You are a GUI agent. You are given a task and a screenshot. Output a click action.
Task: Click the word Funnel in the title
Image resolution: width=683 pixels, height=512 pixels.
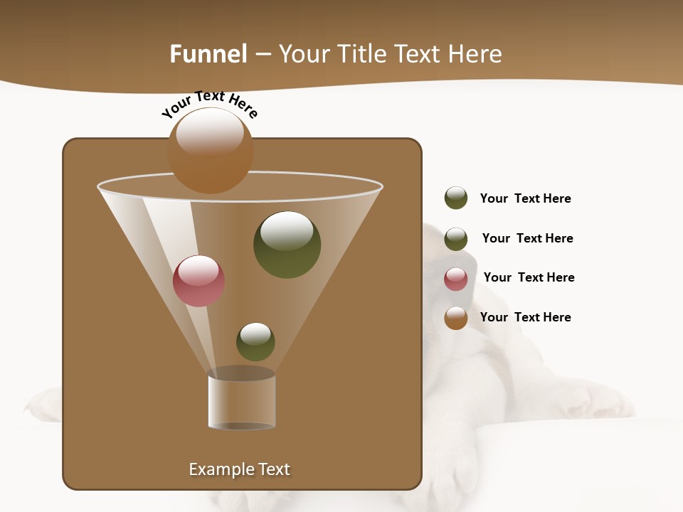208,54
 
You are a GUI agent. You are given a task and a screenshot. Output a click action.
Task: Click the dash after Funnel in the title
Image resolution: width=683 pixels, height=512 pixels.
262,55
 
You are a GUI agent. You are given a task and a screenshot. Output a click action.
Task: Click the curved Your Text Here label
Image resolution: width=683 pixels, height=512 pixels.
209,102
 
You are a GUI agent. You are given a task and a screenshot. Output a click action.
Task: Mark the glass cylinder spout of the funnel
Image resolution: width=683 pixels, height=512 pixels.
242,402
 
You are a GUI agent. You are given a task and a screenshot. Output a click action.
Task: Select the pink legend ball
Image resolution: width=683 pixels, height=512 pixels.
456,279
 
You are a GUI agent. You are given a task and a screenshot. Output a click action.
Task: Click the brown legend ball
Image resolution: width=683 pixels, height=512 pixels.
456,318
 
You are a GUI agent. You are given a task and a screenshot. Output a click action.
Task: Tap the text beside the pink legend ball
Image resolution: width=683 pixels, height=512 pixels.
529,277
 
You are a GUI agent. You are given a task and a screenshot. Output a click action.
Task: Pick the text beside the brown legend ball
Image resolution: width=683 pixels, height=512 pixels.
525,317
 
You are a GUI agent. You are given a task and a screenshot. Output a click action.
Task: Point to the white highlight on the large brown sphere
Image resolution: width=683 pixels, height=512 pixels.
210,132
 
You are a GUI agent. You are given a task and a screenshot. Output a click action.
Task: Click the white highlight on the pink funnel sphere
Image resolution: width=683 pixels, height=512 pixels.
198,270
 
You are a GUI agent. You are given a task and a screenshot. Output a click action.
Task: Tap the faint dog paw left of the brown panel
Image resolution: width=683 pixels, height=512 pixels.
43,403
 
